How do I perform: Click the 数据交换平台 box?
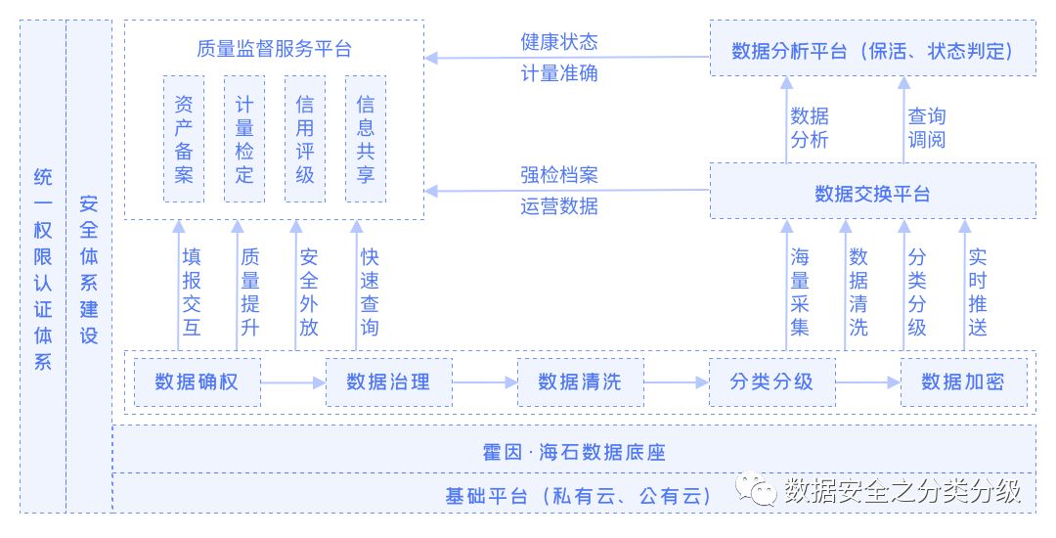[x=872, y=192]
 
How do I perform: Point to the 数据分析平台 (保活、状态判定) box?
[x=872, y=51]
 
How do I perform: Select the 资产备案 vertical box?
[x=184, y=139]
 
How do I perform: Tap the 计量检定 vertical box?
[x=244, y=139]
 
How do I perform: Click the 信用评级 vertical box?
[x=305, y=139]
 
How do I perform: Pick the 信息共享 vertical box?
[x=366, y=139]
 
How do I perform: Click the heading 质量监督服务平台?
[x=274, y=50]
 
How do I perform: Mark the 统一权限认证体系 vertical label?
[x=43, y=269]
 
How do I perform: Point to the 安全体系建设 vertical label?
[x=89, y=269]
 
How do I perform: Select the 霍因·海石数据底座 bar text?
[x=574, y=453]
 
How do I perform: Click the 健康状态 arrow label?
[x=558, y=42]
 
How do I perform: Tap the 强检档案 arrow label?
[x=558, y=175]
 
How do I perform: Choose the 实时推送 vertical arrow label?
[x=977, y=291]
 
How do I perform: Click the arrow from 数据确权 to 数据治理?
[x=293, y=382]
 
